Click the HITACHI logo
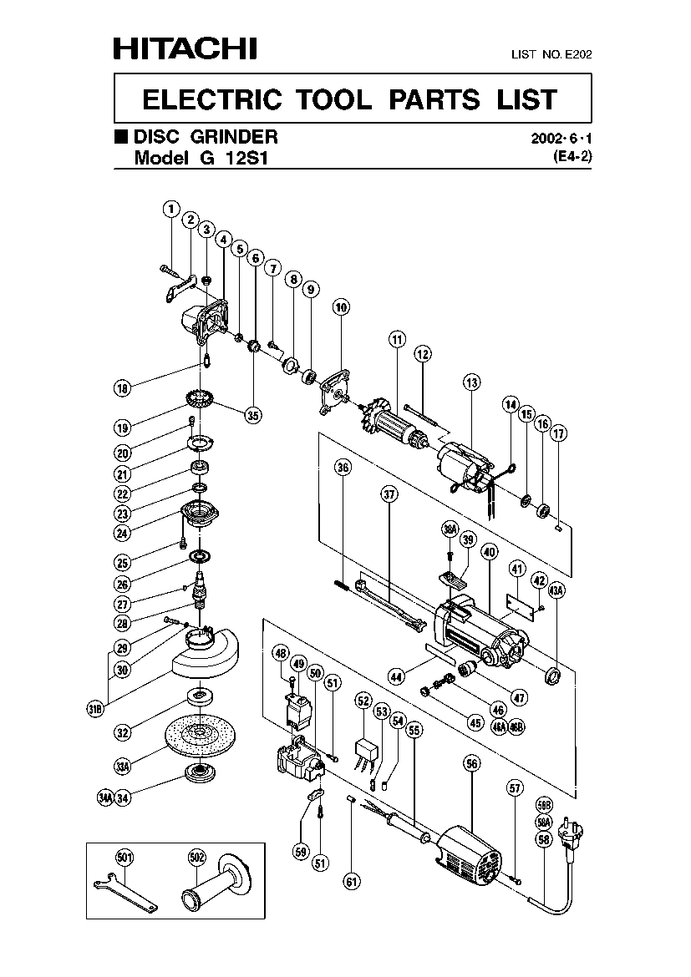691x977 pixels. [185, 48]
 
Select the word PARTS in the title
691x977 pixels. [434, 99]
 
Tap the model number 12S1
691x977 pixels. [247, 158]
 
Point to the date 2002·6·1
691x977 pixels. [561, 139]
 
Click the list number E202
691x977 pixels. [578, 54]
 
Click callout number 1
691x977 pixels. [171, 208]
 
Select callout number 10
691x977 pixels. [341, 307]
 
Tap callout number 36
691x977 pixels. [343, 468]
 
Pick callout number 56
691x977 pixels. [472, 763]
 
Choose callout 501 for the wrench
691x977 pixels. [124, 858]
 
